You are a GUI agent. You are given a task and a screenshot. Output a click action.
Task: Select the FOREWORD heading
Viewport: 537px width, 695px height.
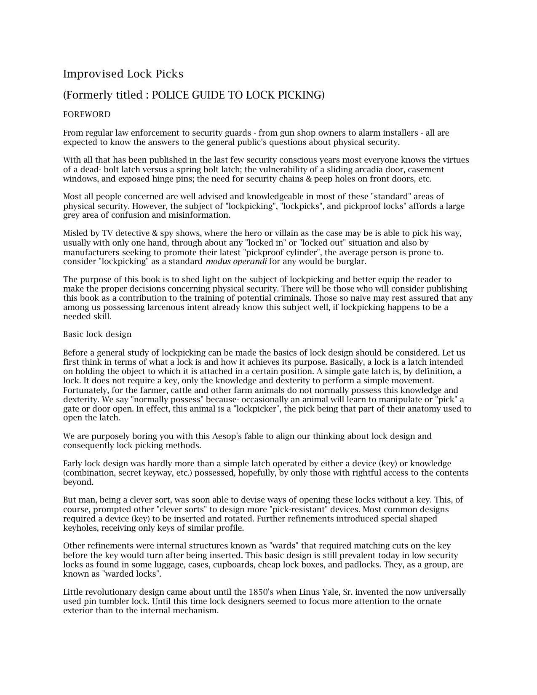(x=87, y=115)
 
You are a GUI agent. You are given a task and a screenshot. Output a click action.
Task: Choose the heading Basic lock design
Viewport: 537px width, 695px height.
(x=97, y=334)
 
